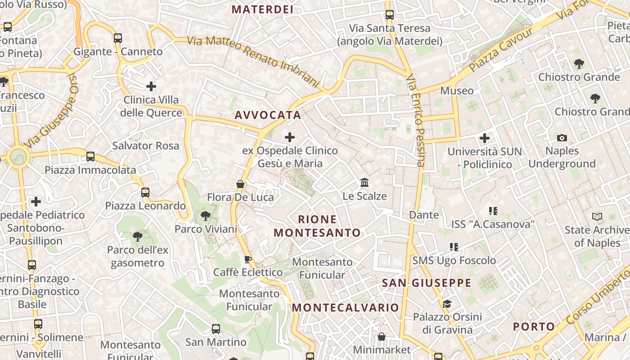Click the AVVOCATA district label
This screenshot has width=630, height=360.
tap(267, 115)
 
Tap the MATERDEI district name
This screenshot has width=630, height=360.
tap(262, 9)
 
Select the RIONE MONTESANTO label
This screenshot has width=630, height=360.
tap(317, 226)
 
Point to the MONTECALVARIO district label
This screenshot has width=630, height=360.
tap(345, 307)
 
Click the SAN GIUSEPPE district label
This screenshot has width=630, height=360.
tap(426, 283)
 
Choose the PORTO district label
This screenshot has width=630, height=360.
tap(534, 326)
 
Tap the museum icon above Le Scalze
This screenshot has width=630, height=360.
tap(364, 183)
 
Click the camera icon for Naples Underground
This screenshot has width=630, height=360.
tap(562, 138)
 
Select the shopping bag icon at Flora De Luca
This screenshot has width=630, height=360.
tap(240, 184)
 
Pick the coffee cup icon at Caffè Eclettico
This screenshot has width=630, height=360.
tap(247, 259)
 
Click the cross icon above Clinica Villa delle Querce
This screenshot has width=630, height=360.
tap(151, 86)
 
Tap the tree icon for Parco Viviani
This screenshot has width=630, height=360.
tap(206, 216)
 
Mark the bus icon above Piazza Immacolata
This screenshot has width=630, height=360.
tap(90, 157)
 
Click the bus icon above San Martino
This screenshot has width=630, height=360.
tap(216, 329)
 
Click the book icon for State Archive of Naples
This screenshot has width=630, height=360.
tap(597, 217)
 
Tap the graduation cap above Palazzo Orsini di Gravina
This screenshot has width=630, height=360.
tap(447, 304)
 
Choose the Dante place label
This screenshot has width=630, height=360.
tap(424, 215)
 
